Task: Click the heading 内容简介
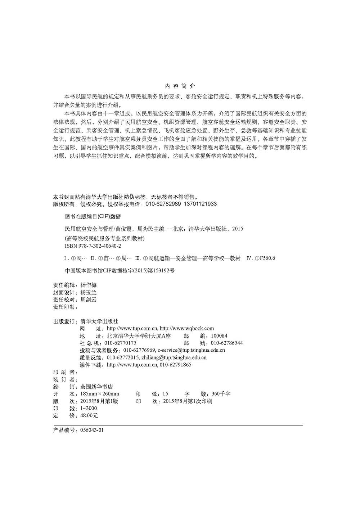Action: click(x=180, y=86)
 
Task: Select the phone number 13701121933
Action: click(x=200, y=204)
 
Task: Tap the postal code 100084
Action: click(x=219, y=336)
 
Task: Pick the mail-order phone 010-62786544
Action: click(x=227, y=343)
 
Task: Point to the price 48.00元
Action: click(x=89, y=416)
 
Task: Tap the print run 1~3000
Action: click(x=89, y=409)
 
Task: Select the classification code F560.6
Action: click(x=267, y=258)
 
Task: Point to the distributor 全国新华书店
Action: click(x=96, y=387)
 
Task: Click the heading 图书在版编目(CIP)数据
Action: click(x=93, y=217)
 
